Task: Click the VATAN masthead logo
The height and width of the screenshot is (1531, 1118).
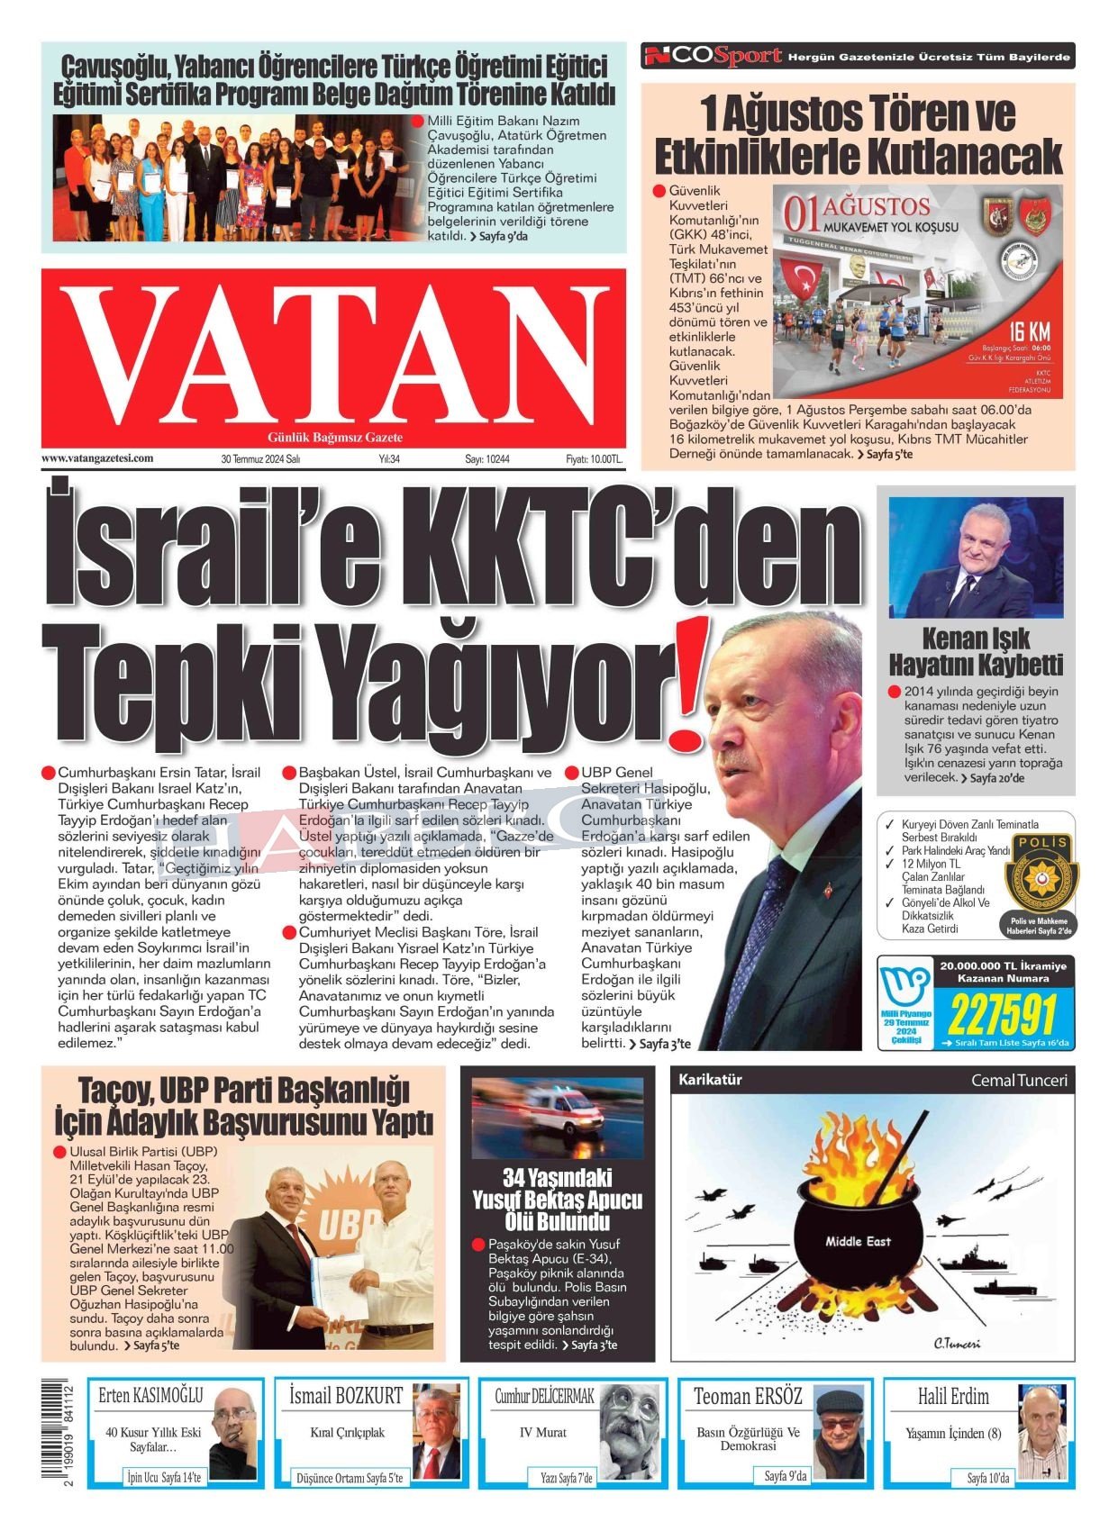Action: pos(333,356)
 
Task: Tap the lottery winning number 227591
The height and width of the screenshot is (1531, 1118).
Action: pos(1001,1016)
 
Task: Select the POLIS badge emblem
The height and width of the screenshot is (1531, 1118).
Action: pos(1041,872)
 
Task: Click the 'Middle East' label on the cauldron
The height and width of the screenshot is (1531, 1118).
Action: pos(858,1241)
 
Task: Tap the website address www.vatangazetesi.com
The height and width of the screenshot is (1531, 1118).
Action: pos(97,458)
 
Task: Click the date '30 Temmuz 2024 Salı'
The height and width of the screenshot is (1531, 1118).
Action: pos(260,459)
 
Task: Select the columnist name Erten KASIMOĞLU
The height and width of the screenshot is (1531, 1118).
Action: pos(150,1396)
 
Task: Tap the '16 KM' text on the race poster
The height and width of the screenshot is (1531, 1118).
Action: pos(1029,331)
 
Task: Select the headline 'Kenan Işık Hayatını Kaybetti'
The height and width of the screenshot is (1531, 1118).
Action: pos(976,652)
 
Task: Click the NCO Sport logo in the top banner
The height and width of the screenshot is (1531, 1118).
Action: pos(712,57)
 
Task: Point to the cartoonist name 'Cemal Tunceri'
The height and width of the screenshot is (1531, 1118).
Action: pos(1018,1080)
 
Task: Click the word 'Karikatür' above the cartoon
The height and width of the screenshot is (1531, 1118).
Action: pos(710,1080)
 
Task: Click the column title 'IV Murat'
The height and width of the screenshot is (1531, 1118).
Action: pos(543,1432)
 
